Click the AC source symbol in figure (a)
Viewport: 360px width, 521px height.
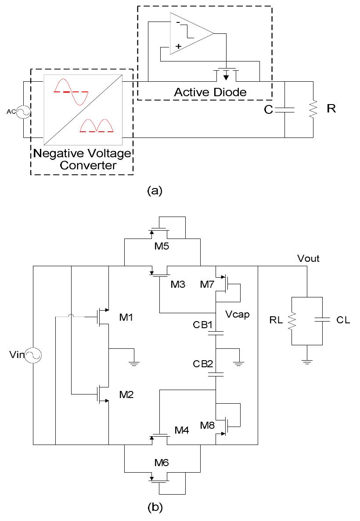coord(23,112)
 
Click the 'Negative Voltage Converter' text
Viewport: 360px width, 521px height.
coord(82,159)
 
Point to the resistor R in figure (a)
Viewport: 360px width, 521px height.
coord(313,109)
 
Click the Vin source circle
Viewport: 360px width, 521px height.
coord(33,355)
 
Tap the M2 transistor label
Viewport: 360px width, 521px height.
coord(127,394)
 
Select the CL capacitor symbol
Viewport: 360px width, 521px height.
coord(323,321)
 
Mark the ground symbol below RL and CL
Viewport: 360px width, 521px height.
coord(307,361)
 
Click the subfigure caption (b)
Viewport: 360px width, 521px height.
coord(155,508)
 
